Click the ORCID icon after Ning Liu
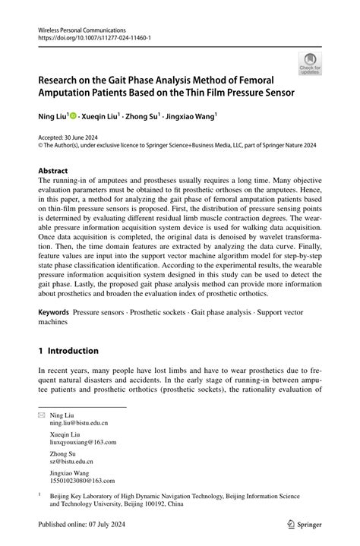[74, 116]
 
